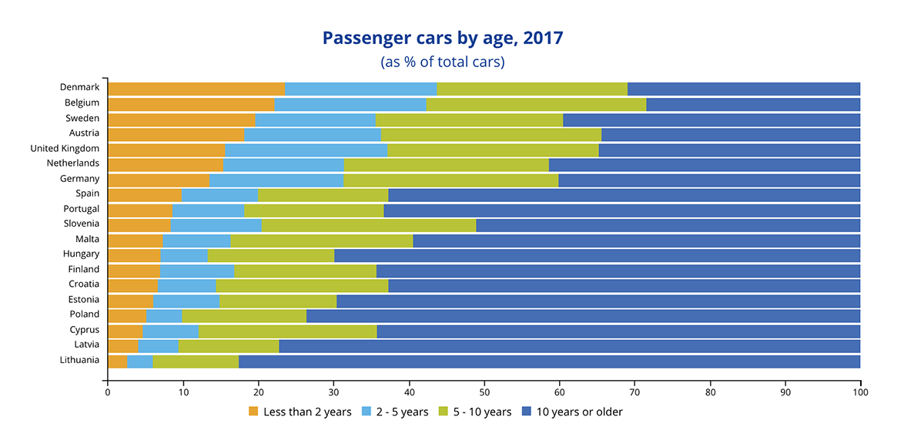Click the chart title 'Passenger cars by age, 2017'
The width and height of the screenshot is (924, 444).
point(442,38)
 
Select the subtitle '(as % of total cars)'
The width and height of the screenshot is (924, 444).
point(442,62)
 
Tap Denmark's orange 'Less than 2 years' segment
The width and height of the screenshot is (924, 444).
point(196,89)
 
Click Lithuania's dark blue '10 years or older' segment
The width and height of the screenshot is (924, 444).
point(549,361)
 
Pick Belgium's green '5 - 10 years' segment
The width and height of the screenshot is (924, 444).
point(536,104)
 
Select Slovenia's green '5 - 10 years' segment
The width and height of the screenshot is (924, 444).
point(369,225)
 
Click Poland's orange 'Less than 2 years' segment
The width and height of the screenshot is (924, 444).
point(127,315)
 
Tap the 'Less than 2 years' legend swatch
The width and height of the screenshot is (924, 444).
point(253,412)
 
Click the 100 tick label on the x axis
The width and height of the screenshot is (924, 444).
point(860,392)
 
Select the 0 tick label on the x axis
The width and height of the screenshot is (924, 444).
point(108,392)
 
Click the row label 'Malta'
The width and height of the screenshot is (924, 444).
point(87,239)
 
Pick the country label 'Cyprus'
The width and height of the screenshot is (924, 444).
point(84,330)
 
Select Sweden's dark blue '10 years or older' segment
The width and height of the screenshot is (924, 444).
point(711,119)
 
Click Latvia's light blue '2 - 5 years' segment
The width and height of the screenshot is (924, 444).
point(158,345)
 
